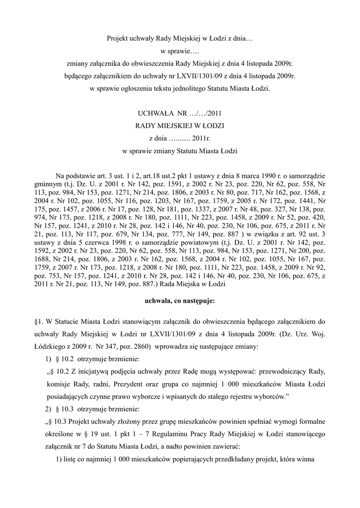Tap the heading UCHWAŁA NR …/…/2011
[x=180, y=113]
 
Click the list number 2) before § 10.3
[x=48, y=409]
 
